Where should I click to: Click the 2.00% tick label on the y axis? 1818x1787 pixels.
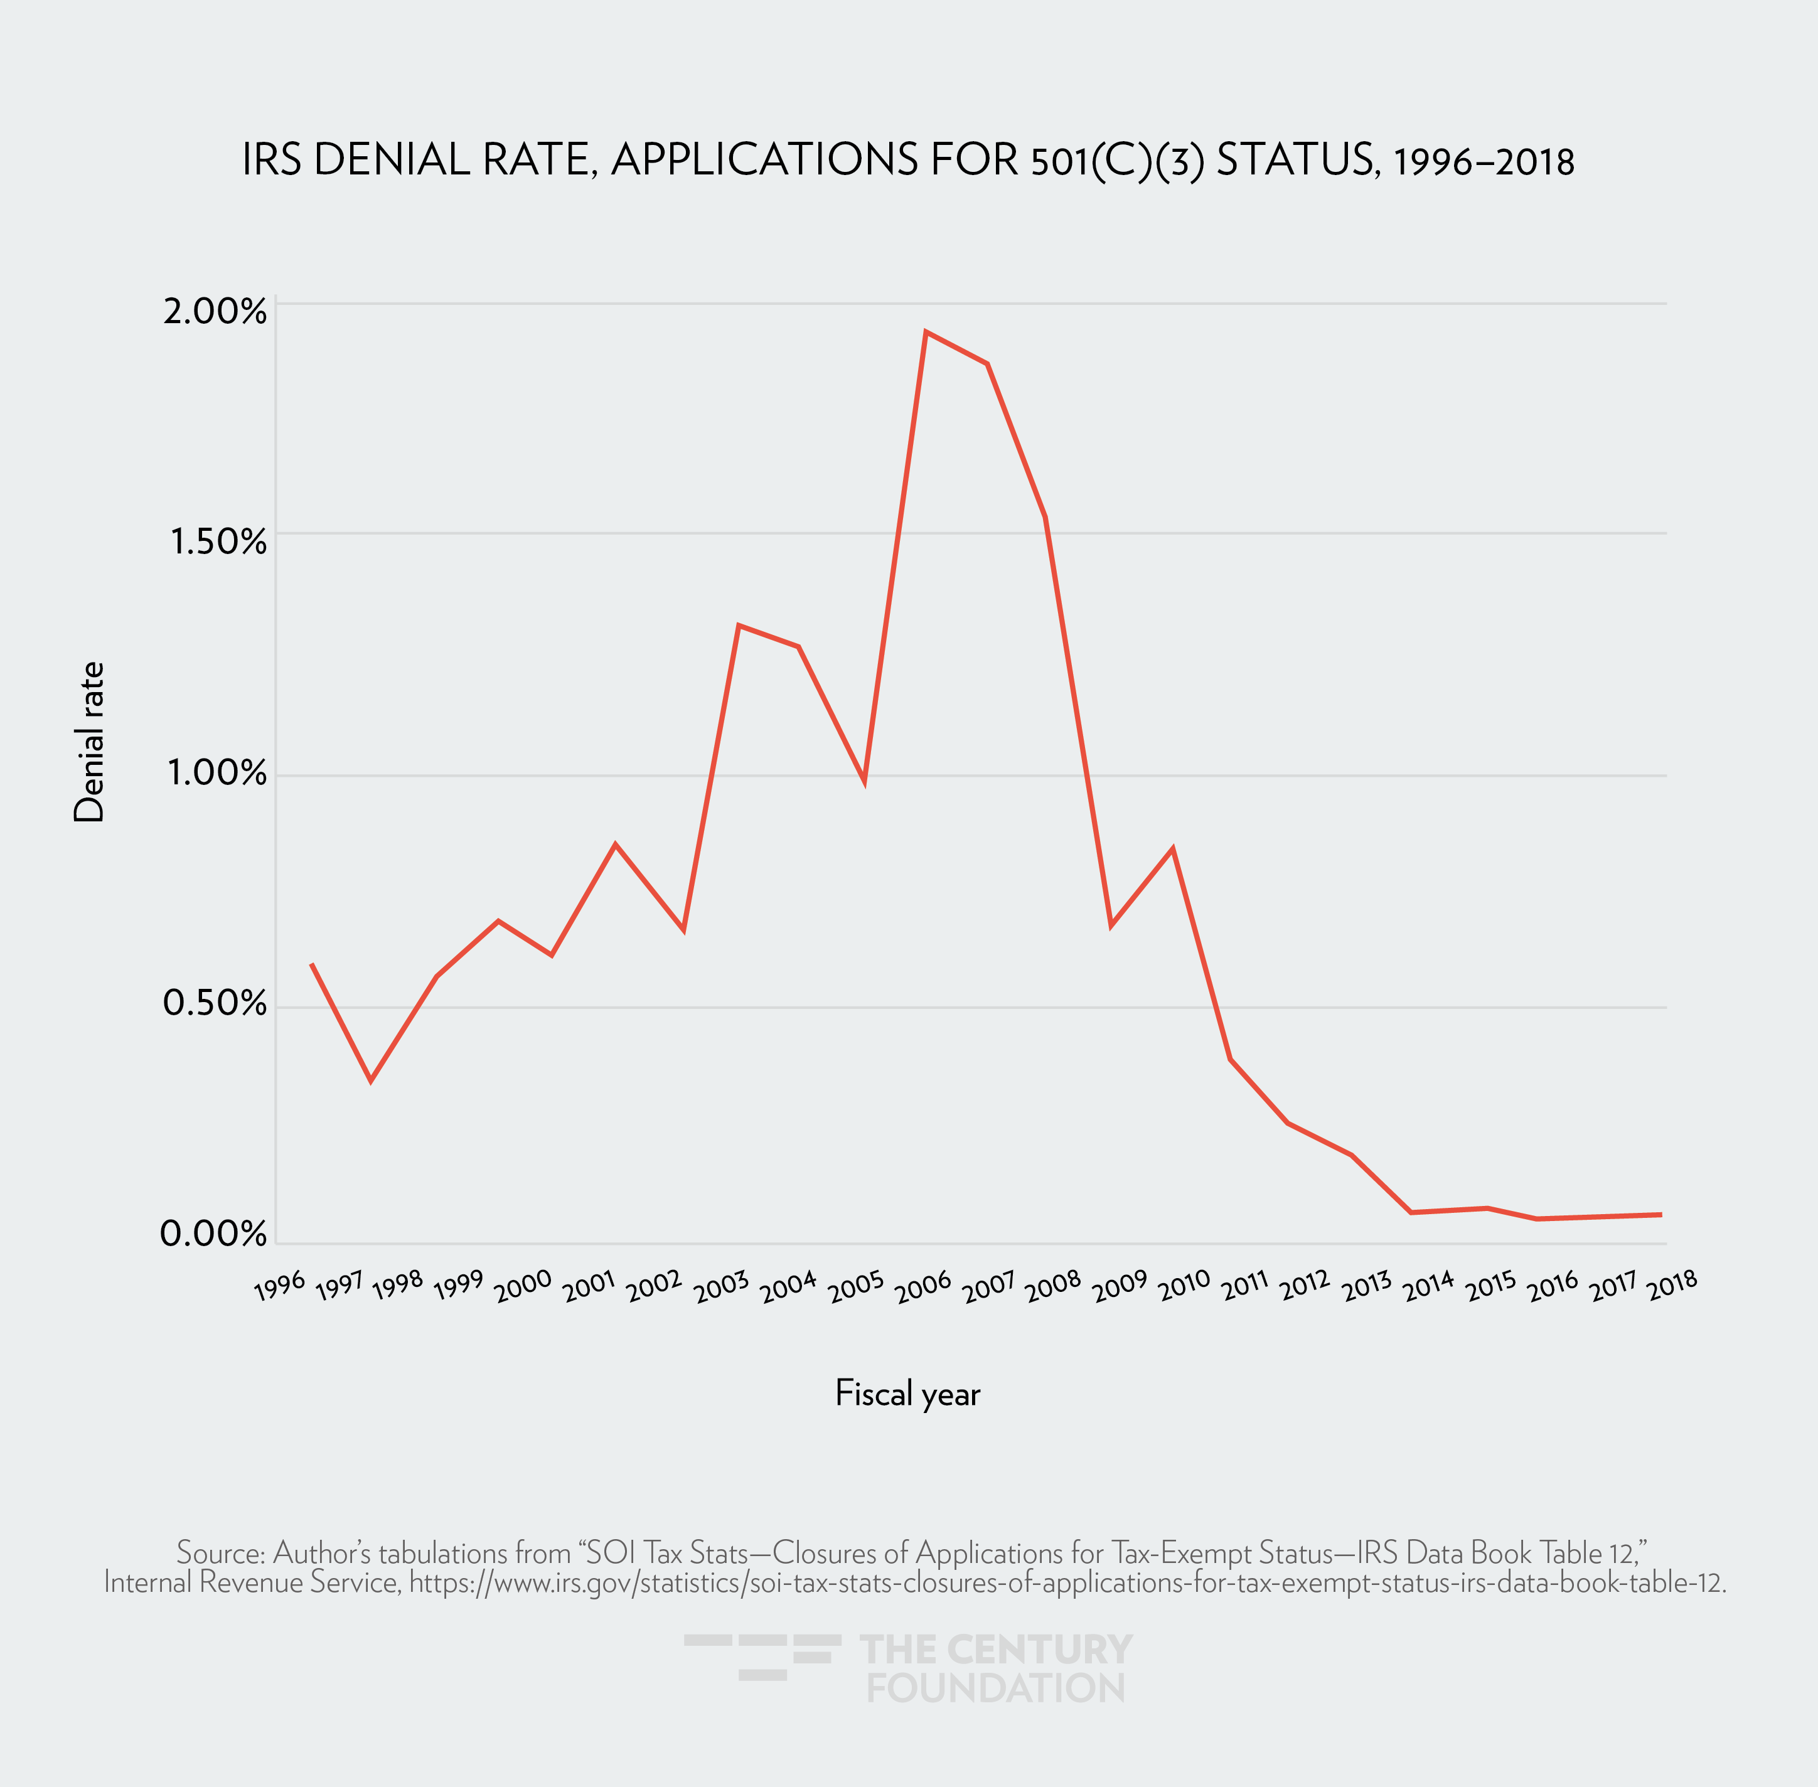(215, 312)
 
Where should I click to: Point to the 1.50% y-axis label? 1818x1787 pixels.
(218, 543)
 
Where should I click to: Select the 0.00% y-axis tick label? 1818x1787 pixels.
(213, 1234)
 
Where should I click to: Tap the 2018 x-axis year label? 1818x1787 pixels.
(1672, 1285)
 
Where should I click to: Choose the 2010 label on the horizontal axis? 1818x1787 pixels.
(1184, 1286)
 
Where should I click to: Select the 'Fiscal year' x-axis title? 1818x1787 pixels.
(907, 1394)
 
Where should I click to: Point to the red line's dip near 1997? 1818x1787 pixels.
(371, 1080)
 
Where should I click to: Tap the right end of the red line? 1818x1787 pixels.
(1661, 1215)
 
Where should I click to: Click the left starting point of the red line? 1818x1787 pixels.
(311, 964)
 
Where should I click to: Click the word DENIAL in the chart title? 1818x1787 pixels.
(392, 161)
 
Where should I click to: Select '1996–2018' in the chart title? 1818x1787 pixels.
(1484, 163)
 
